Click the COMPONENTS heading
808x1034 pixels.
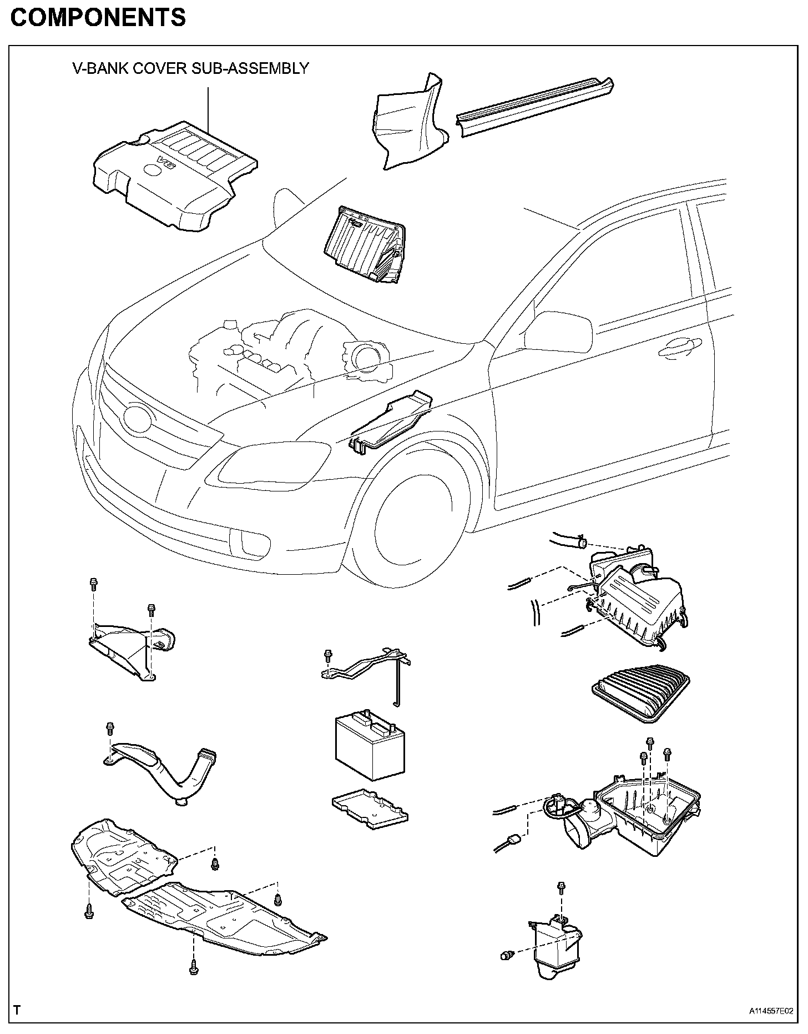(98, 18)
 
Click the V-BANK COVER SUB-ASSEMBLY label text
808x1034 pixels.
(190, 68)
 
